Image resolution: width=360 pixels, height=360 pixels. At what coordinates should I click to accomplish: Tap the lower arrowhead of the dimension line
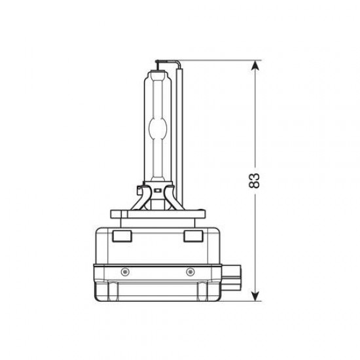tap(255, 297)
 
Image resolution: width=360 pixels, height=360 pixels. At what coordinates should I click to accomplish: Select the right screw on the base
tap(190, 271)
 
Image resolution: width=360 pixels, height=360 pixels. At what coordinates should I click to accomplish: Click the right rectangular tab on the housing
tap(192, 236)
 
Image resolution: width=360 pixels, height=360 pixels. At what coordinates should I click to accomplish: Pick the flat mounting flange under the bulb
tap(157, 213)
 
